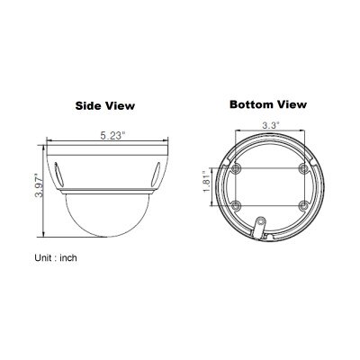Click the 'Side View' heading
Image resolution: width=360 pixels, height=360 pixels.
click(105, 105)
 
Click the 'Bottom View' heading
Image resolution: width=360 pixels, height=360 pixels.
click(268, 104)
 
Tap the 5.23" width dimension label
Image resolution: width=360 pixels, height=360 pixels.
click(112, 136)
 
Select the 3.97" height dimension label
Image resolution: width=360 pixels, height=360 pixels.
click(40, 185)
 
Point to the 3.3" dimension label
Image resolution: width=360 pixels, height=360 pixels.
click(271, 125)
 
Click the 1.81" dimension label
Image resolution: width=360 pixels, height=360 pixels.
click(207, 182)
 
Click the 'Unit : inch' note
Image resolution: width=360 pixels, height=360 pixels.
click(56, 257)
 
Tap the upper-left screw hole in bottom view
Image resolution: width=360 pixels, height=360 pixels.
click(237, 169)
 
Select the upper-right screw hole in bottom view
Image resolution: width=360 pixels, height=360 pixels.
click(304, 169)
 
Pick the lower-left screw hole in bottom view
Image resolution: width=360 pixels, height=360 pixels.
click(237, 205)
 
